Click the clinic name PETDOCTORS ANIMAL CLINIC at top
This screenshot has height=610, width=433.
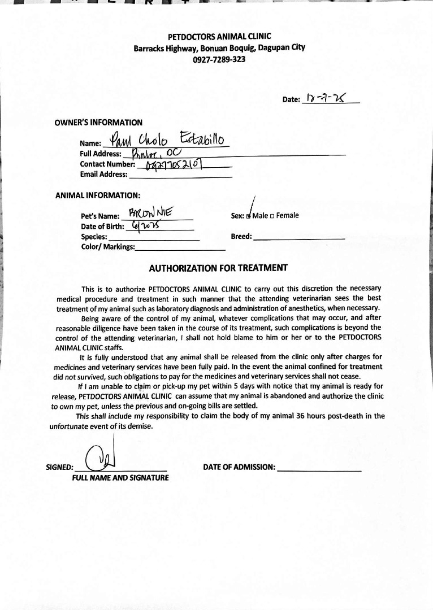click(219, 37)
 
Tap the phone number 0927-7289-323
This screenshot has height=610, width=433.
click(219, 59)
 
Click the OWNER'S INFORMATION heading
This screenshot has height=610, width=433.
click(98, 122)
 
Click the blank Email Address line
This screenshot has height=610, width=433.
click(180, 175)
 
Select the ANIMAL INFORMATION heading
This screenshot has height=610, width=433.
click(97, 195)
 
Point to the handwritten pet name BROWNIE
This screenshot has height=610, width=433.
click(153, 213)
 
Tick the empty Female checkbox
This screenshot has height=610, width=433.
click(272, 216)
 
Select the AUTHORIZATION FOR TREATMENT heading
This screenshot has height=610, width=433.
click(218, 268)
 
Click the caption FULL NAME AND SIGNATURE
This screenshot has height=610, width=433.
click(120, 478)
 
